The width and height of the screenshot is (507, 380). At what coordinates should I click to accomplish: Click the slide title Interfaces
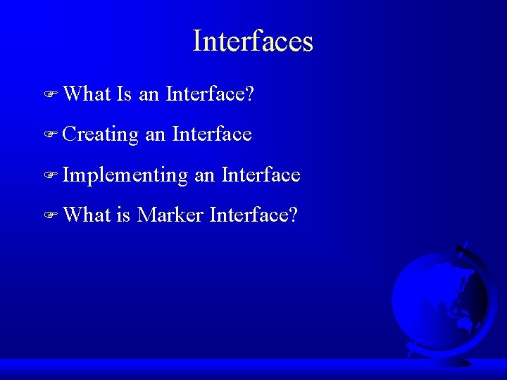coord(253,41)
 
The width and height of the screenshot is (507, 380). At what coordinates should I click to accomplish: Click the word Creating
coord(100,134)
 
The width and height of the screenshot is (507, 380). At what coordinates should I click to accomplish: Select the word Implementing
coord(125,175)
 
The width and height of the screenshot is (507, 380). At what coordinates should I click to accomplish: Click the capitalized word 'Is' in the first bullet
coord(124,93)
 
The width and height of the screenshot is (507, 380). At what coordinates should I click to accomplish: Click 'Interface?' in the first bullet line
coord(209,93)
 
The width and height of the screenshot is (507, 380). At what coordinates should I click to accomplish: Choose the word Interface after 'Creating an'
coord(211,133)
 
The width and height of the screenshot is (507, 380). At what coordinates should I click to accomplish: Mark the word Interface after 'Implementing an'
coord(261,174)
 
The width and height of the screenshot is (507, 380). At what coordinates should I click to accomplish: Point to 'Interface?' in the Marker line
coord(254,214)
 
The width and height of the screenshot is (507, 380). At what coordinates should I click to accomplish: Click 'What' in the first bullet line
coord(86,93)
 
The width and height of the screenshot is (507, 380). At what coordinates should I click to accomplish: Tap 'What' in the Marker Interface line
coord(86,214)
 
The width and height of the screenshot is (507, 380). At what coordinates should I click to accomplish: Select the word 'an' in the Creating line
coord(155,134)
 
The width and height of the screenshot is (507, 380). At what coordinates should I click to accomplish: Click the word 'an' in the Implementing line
coord(204,175)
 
